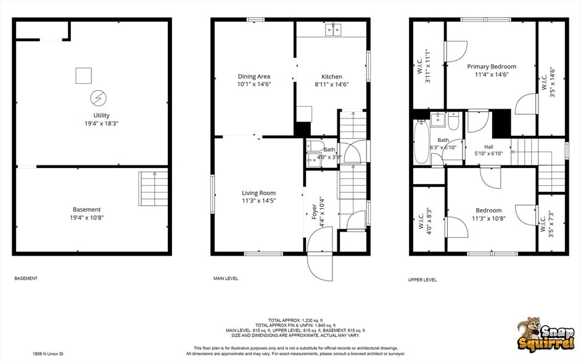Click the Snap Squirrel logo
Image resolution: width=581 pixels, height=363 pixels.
[545, 334]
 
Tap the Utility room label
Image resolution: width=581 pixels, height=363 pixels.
[101, 115]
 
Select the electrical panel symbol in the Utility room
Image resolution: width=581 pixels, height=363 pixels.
[98, 98]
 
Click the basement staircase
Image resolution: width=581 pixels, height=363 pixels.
[153, 189]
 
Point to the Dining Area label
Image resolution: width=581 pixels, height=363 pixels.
[254, 77]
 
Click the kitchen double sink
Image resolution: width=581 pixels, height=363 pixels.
[334, 29]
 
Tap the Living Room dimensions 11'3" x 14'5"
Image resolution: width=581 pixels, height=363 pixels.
[258, 201]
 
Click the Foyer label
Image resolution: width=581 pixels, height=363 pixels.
[314, 211]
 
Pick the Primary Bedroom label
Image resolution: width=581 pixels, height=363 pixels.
[492, 67]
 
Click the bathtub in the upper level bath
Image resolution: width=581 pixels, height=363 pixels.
[421, 141]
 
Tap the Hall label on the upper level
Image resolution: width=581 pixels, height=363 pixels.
[488, 147]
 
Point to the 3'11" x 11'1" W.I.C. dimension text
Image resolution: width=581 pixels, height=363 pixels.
[428, 65]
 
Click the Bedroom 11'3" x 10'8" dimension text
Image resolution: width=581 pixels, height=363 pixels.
[488, 219]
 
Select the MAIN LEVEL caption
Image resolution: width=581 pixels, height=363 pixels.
[226, 278]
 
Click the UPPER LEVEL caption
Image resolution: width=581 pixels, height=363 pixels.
[422, 280]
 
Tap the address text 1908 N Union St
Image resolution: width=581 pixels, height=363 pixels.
[48, 354]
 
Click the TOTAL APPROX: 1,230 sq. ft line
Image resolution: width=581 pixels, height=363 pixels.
[295, 320]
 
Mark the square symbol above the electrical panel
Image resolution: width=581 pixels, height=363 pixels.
[83, 76]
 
